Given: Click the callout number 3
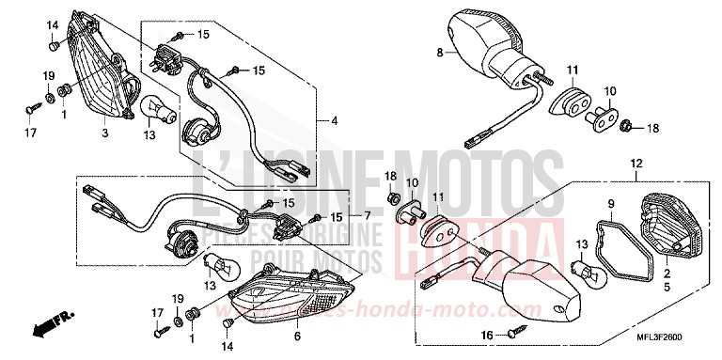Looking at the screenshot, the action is pyautogui.click(x=105, y=134).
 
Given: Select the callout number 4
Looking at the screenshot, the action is pyautogui.click(x=334, y=121).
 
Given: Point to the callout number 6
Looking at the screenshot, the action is pyautogui.click(x=297, y=336).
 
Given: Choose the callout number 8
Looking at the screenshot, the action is pyautogui.click(x=439, y=54).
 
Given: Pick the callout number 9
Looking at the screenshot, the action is pyautogui.click(x=609, y=204).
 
